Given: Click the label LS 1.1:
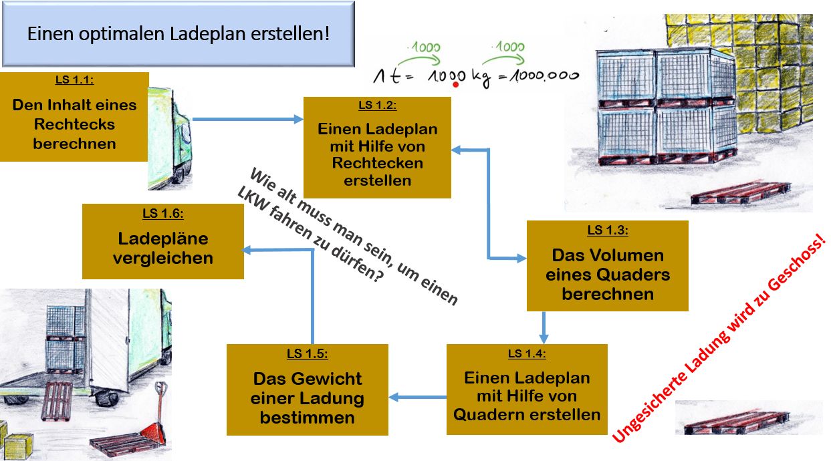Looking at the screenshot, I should click(x=74, y=80).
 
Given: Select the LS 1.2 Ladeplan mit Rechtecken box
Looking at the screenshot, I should click(x=377, y=147).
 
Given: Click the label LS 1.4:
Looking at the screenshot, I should click(x=527, y=353).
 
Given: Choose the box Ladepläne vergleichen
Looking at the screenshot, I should click(x=162, y=241).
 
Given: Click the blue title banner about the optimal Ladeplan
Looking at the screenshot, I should click(x=179, y=33).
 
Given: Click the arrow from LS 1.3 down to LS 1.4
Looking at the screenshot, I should click(x=544, y=327).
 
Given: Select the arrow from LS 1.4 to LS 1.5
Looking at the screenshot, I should click(x=417, y=398).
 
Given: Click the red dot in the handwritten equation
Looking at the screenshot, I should click(x=456, y=85).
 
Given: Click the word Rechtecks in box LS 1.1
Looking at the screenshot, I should click(x=74, y=124).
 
